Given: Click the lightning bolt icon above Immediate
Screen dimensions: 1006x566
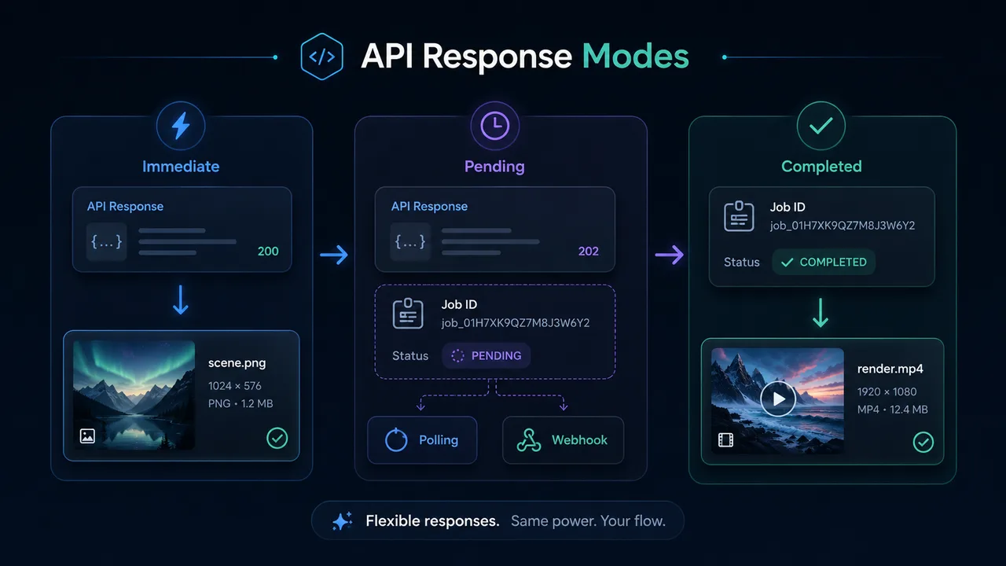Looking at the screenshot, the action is (181, 126).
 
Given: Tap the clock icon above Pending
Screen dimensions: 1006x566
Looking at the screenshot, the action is (495, 126).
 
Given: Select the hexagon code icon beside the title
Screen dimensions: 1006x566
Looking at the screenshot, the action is (322, 57).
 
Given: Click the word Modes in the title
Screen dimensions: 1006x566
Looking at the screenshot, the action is (636, 56).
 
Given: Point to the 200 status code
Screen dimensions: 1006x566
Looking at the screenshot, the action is (268, 251).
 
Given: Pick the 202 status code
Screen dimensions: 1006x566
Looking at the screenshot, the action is (589, 251).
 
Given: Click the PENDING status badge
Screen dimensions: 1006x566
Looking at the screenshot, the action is (486, 356).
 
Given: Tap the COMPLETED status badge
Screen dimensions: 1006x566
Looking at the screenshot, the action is (824, 263).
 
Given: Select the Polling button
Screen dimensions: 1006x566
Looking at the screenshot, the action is (422, 440).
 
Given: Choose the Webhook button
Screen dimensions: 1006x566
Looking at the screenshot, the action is (564, 440).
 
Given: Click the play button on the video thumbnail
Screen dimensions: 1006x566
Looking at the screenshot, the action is (778, 399).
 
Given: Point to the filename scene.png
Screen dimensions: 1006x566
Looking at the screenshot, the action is (237, 363).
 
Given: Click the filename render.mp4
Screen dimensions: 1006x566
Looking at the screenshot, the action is (890, 369).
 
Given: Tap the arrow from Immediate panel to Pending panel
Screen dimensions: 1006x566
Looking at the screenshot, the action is (334, 255).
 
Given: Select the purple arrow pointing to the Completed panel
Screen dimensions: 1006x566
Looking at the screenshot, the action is (670, 255).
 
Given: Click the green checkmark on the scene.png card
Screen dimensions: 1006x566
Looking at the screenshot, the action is (277, 439).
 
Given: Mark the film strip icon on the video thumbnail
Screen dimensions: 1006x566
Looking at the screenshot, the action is (725, 440).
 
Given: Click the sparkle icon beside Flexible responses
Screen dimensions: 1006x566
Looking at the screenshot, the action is (342, 521).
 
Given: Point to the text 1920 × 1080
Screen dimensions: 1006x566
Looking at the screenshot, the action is (887, 391).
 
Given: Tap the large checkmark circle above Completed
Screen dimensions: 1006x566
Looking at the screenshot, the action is (821, 126).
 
